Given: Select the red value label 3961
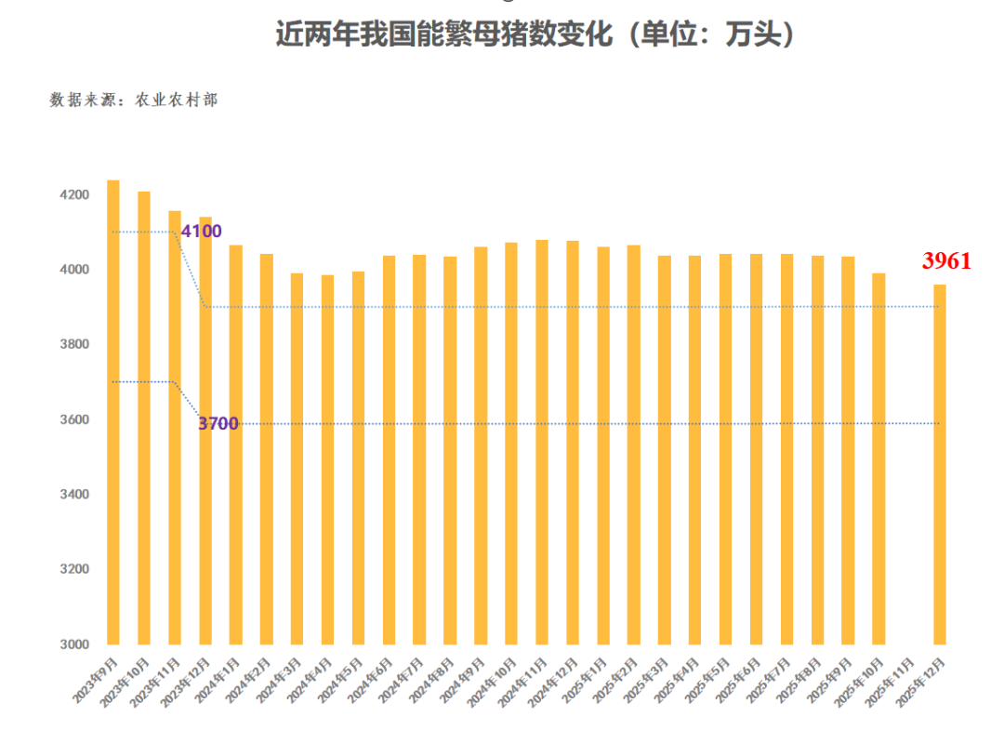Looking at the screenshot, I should click(x=946, y=261).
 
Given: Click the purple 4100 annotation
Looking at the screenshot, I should click(x=201, y=232).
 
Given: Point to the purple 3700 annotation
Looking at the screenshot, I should click(x=218, y=424).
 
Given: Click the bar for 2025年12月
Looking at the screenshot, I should click(x=940, y=465).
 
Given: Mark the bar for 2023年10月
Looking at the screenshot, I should click(x=144, y=418).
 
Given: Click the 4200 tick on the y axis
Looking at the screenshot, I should click(x=75, y=195).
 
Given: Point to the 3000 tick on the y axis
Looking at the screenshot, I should click(x=75, y=644).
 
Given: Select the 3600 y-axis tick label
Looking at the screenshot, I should click(x=75, y=420).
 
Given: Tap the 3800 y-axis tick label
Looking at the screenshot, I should click(x=75, y=345).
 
